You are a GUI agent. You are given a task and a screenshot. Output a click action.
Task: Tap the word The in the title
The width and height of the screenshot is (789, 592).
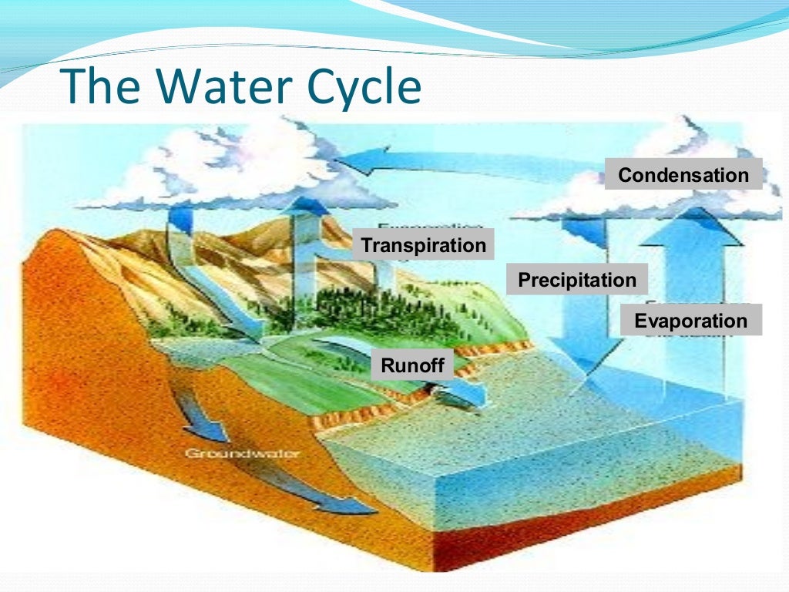point(103,87)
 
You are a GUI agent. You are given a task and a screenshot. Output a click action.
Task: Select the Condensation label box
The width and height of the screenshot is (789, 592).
point(683,175)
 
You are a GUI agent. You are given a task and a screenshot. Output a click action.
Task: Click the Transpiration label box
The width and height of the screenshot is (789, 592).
point(424,245)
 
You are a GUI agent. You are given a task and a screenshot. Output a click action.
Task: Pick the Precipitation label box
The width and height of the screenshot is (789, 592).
point(577,280)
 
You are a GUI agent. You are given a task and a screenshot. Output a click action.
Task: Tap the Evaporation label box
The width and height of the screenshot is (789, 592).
point(690,321)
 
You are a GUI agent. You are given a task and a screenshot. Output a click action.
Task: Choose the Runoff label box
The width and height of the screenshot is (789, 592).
point(413,365)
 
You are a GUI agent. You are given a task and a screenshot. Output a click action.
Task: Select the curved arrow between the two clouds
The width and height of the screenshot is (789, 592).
point(431,162)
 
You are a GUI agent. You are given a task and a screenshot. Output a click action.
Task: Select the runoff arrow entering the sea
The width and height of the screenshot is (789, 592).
point(462,393)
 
